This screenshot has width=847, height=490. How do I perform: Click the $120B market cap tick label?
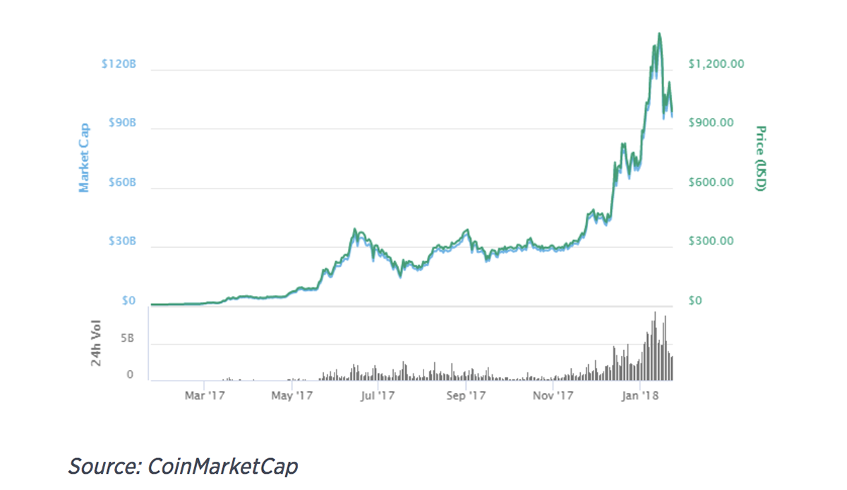(x=119, y=64)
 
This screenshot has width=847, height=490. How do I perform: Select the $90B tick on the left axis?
(x=122, y=123)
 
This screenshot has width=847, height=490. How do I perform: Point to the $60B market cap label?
(x=122, y=182)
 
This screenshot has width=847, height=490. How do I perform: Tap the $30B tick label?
(x=122, y=241)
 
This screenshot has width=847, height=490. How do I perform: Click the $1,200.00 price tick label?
(x=716, y=64)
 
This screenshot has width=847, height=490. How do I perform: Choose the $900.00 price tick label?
(x=711, y=123)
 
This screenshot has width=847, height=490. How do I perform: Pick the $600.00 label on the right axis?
(x=711, y=182)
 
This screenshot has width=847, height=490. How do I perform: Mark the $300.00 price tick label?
(x=711, y=241)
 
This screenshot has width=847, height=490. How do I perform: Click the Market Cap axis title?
(x=84, y=157)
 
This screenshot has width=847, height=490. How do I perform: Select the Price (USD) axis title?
(x=761, y=158)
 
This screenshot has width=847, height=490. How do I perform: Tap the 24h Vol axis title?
(x=96, y=343)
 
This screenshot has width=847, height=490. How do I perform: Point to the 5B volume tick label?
(x=128, y=338)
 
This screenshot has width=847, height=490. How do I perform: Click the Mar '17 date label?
(x=205, y=395)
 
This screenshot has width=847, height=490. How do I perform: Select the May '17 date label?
(x=292, y=395)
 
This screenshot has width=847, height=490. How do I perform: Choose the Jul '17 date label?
(x=378, y=395)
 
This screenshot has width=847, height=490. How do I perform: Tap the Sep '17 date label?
(x=466, y=395)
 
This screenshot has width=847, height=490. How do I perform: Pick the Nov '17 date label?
(x=553, y=395)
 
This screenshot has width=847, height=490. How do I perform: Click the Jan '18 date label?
(x=639, y=395)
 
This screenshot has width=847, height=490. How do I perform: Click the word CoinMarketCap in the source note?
(x=222, y=466)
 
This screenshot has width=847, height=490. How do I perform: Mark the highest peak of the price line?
(x=659, y=33)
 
